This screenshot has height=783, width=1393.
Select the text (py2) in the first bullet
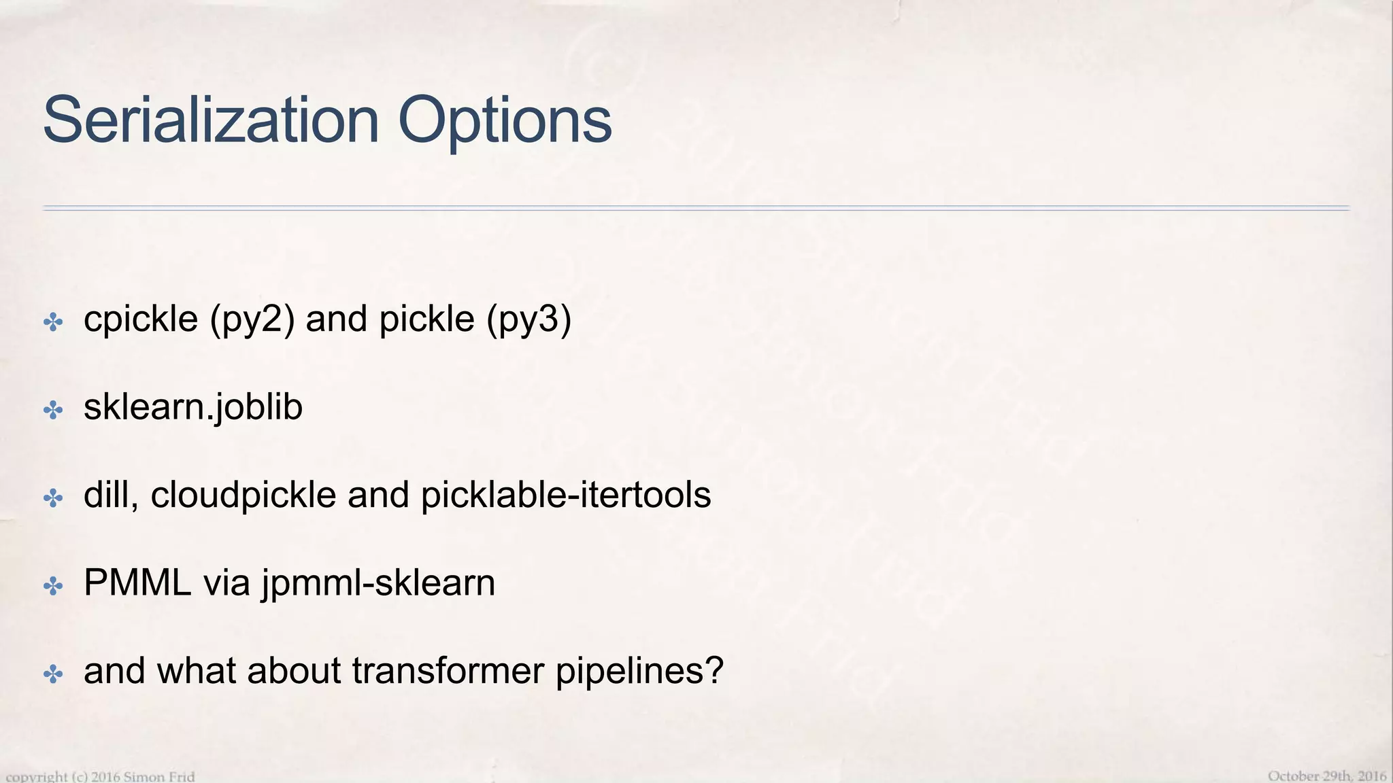(252, 319)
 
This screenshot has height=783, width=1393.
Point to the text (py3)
(528, 319)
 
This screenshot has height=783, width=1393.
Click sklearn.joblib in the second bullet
(192, 408)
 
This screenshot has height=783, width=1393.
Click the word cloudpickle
(243, 495)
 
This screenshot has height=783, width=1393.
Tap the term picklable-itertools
(566, 495)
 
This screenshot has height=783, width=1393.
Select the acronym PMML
(137, 583)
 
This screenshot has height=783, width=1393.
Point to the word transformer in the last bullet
(448, 671)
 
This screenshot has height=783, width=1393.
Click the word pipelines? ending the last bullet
(639, 672)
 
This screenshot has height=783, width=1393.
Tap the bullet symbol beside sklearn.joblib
(53, 410)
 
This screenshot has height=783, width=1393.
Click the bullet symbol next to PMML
(53, 586)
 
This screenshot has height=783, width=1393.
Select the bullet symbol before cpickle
(53, 321)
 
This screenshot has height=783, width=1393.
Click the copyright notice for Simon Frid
(101, 776)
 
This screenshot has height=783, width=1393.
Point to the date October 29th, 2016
(1326, 776)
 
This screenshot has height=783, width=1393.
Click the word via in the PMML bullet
(226, 583)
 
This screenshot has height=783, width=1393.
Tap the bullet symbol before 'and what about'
(53, 674)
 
